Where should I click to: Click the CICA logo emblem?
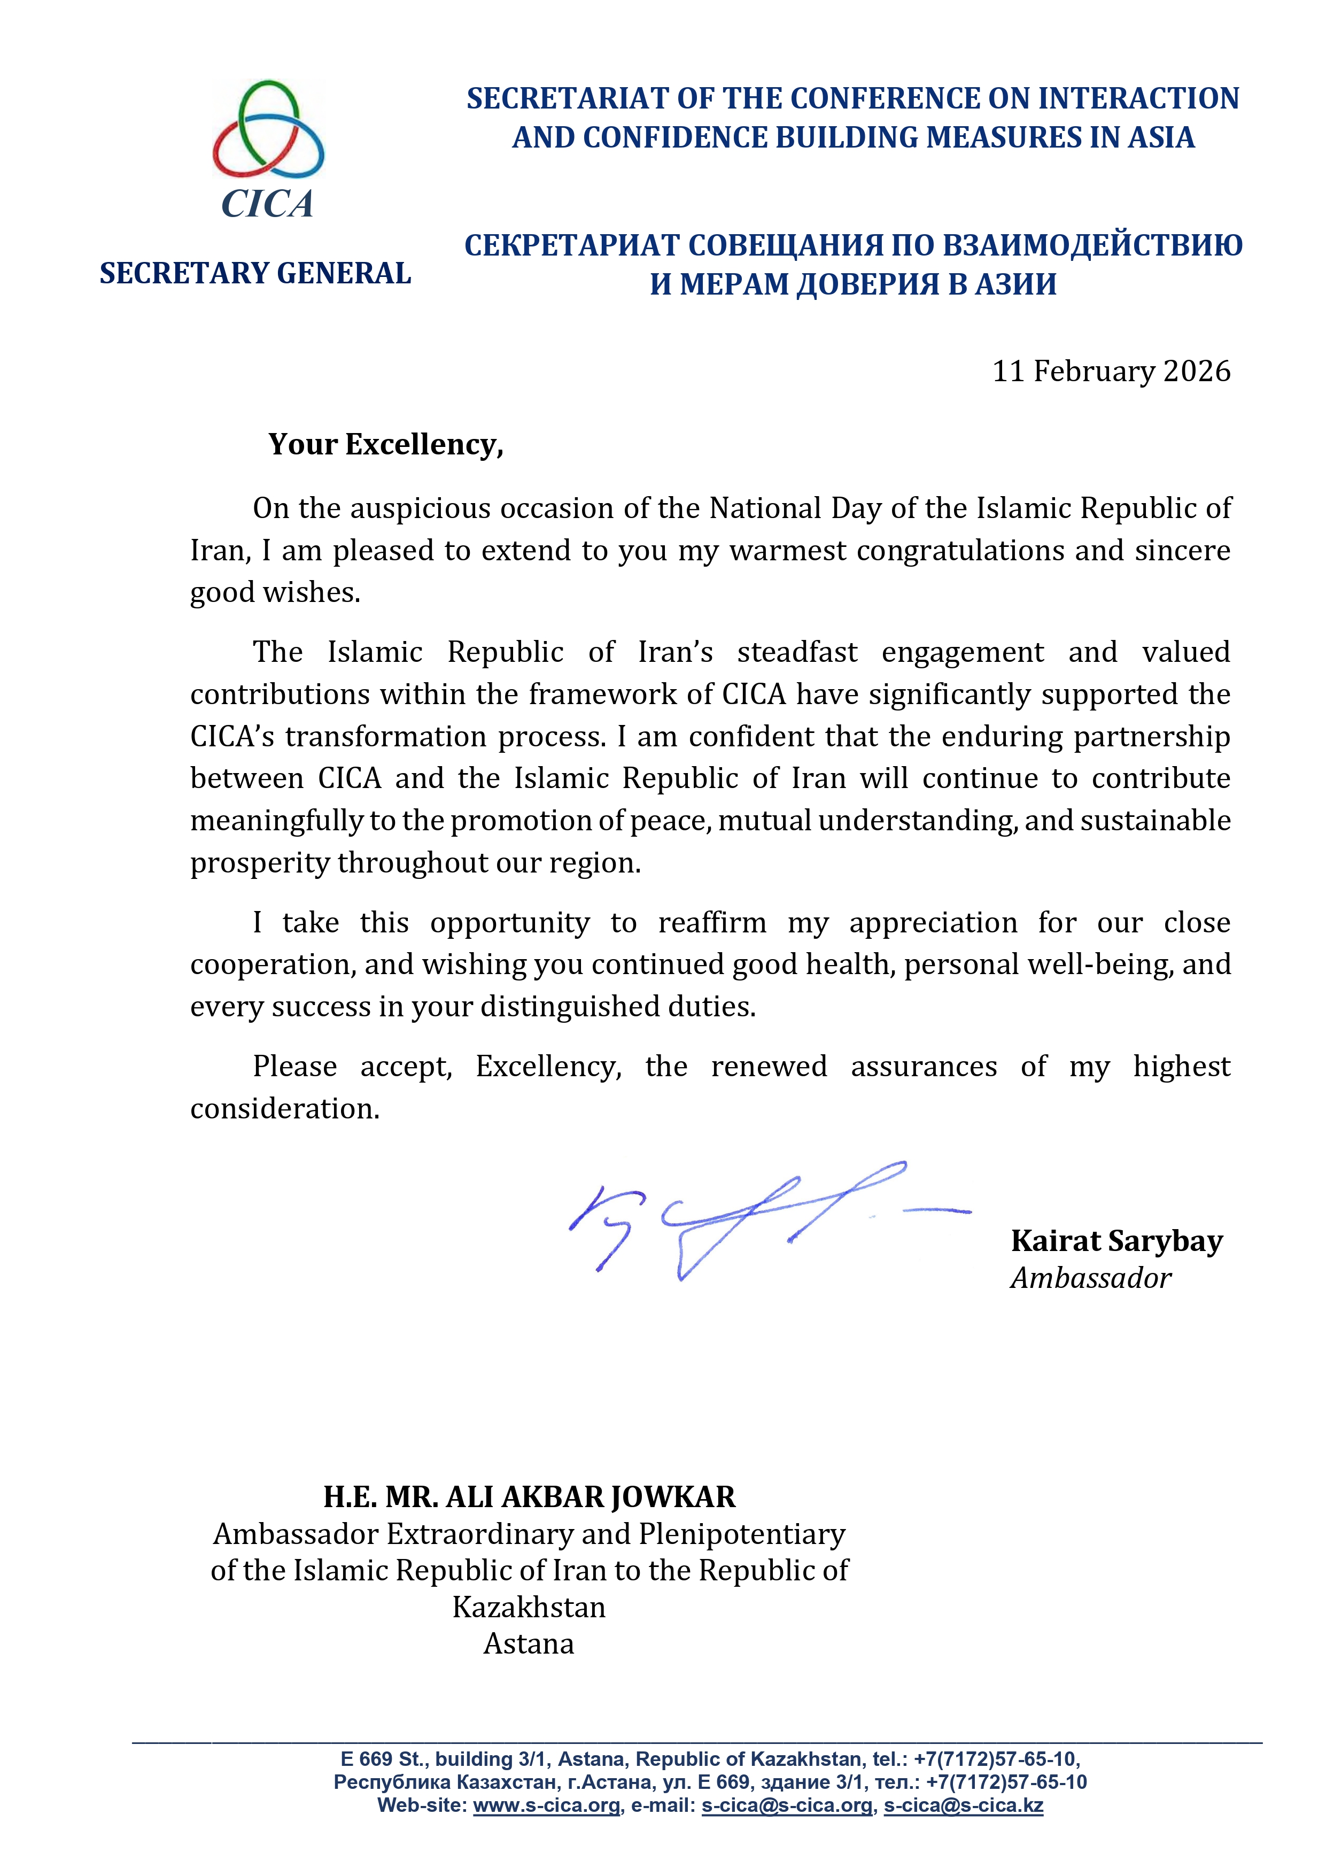click(268, 131)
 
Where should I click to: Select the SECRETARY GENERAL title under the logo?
click(255, 273)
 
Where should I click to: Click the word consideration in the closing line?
click(284, 1109)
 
